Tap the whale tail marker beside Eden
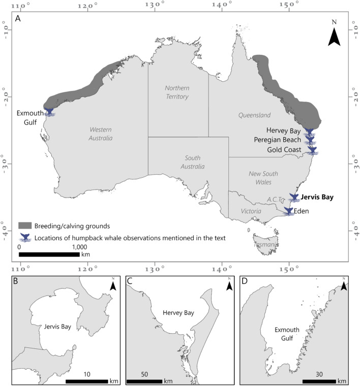click(289, 211)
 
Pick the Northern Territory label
click(177, 92)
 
